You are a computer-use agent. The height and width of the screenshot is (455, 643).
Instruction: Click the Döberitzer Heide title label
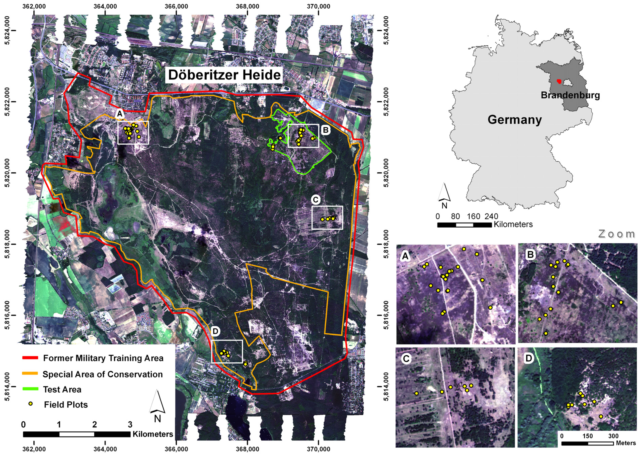tap(224, 75)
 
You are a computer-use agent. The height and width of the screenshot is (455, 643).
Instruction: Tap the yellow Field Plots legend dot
tap(31, 404)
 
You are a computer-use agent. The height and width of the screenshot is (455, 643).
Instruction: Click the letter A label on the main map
tap(120, 114)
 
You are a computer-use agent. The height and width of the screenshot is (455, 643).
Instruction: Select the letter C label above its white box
tap(316, 200)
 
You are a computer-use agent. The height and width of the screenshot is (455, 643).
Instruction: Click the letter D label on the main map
tap(215, 331)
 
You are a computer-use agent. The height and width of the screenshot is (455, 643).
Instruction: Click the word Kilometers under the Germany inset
tap(513, 224)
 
